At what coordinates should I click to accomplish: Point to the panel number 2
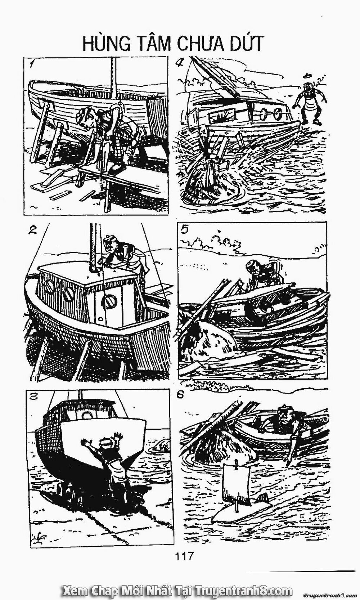(33, 230)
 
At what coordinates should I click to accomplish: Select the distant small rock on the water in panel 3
(160, 445)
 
